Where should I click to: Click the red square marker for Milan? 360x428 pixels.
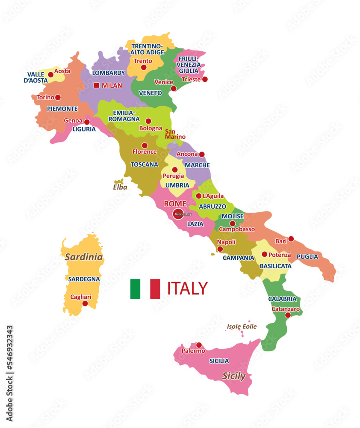click(x=96, y=85)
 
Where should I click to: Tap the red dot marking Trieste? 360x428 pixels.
click(x=205, y=79)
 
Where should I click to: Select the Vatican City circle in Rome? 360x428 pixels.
click(x=178, y=214)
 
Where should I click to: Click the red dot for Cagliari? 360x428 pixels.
click(x=85, y=303)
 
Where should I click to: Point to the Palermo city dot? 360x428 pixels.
click(x=199, y=345)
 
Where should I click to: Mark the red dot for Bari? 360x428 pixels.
click(x=291, y=239)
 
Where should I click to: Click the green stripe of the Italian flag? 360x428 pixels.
click(x=135, y=288)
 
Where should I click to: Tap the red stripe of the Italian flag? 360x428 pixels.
click(x=155, y=288)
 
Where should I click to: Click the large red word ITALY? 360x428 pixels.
click(x=187, y=288)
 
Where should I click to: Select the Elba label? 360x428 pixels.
click(x=120, y=187)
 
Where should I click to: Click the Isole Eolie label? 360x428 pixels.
click(x=242, y=327)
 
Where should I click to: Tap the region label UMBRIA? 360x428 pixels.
click(x=177, y=185)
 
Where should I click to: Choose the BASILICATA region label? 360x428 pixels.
click(x=276, y=266)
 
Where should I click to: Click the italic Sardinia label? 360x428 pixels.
click(x=84, y=257)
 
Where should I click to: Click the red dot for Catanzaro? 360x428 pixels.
click(x=288, y=315)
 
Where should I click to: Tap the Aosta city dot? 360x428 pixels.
click(x=51, y=75)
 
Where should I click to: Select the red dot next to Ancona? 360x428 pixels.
click(x=202, y=154)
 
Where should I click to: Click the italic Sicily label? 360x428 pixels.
click(x=234, y=376)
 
